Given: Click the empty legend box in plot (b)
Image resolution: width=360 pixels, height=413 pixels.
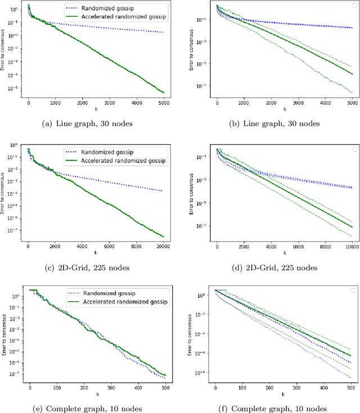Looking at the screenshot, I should [354, 7].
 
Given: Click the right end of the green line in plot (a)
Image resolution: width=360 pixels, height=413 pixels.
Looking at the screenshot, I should [163, 92].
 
